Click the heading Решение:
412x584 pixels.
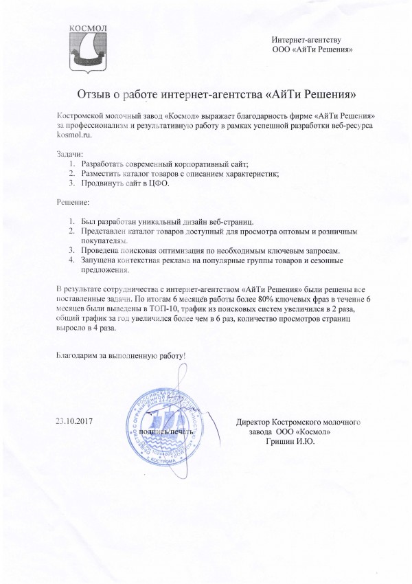[71, 204]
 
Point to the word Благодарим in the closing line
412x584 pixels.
[77, 357]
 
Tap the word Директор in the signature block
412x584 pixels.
[255, 420]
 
